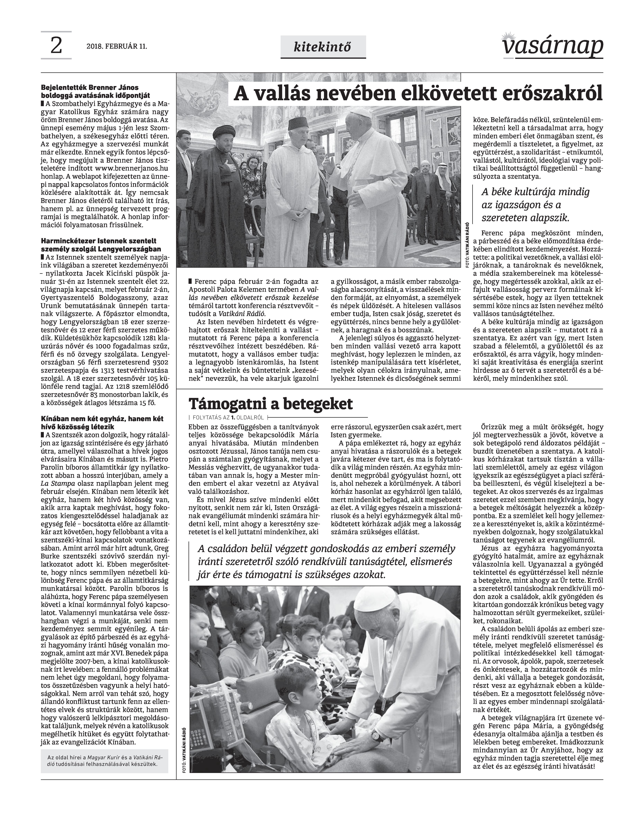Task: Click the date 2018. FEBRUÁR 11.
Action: click(x=117, y=47)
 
